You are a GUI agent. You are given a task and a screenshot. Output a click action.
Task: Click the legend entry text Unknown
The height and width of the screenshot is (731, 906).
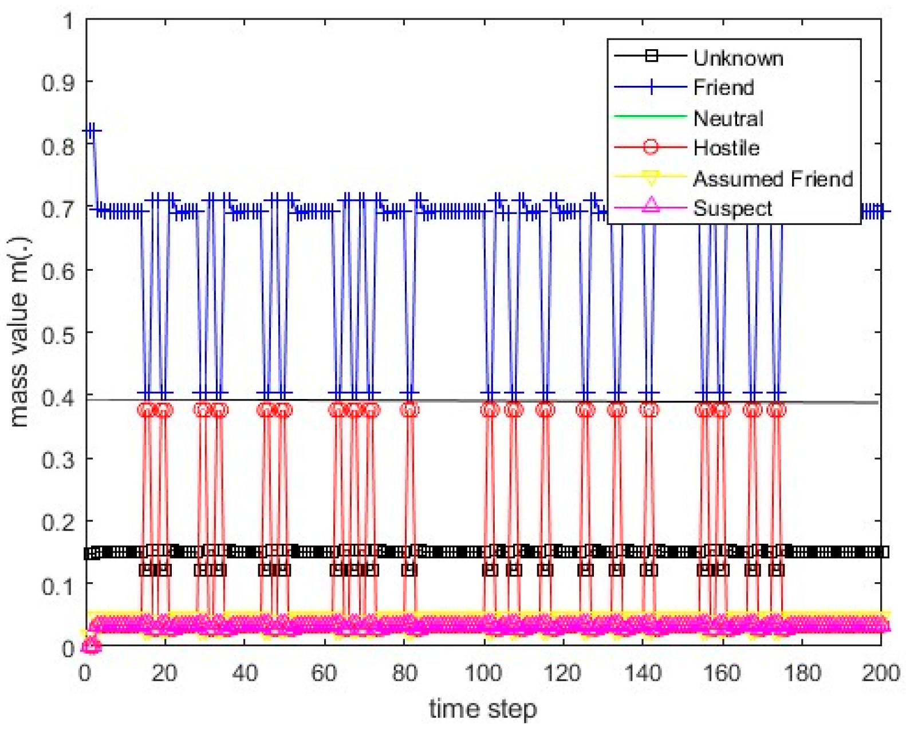[738, 58]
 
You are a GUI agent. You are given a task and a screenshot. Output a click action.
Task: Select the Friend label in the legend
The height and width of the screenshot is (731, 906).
[723, 88]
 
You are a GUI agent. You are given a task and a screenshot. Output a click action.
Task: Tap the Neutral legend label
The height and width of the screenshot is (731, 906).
[728, 118]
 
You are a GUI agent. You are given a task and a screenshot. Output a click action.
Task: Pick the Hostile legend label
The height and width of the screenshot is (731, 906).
[726, 148]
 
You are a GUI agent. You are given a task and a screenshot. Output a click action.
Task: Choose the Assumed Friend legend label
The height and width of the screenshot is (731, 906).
[773, 179]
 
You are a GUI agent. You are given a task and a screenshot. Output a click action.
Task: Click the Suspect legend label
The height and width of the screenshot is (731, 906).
[732, 208]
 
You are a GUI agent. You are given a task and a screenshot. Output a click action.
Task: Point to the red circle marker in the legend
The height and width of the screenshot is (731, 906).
[651, 147]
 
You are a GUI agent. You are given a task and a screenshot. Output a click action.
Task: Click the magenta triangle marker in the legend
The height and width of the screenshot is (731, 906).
[651, 205]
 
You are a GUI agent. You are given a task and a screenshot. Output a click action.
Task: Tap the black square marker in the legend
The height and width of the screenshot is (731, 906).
[651, 56]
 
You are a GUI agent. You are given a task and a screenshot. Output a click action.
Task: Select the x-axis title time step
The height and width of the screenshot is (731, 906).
[482, 709]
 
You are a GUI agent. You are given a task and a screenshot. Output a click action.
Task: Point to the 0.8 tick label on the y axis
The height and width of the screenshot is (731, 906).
[58, 146]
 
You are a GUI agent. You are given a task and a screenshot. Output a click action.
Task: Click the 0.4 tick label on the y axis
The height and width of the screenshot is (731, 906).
[58, 397]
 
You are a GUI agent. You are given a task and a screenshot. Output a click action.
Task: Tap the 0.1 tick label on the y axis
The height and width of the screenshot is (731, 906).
[58, 586]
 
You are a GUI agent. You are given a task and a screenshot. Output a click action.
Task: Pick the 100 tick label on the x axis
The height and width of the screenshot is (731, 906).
[483, 673]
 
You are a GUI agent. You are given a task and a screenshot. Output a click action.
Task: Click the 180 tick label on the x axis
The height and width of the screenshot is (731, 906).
[802, 673]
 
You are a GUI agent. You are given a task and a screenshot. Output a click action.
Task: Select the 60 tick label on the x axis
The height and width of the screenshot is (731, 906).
[324, 673]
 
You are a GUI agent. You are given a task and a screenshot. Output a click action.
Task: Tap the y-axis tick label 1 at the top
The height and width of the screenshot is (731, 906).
[68, 21]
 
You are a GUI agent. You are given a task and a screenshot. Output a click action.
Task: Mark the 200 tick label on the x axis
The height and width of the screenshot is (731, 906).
[880, 673]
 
